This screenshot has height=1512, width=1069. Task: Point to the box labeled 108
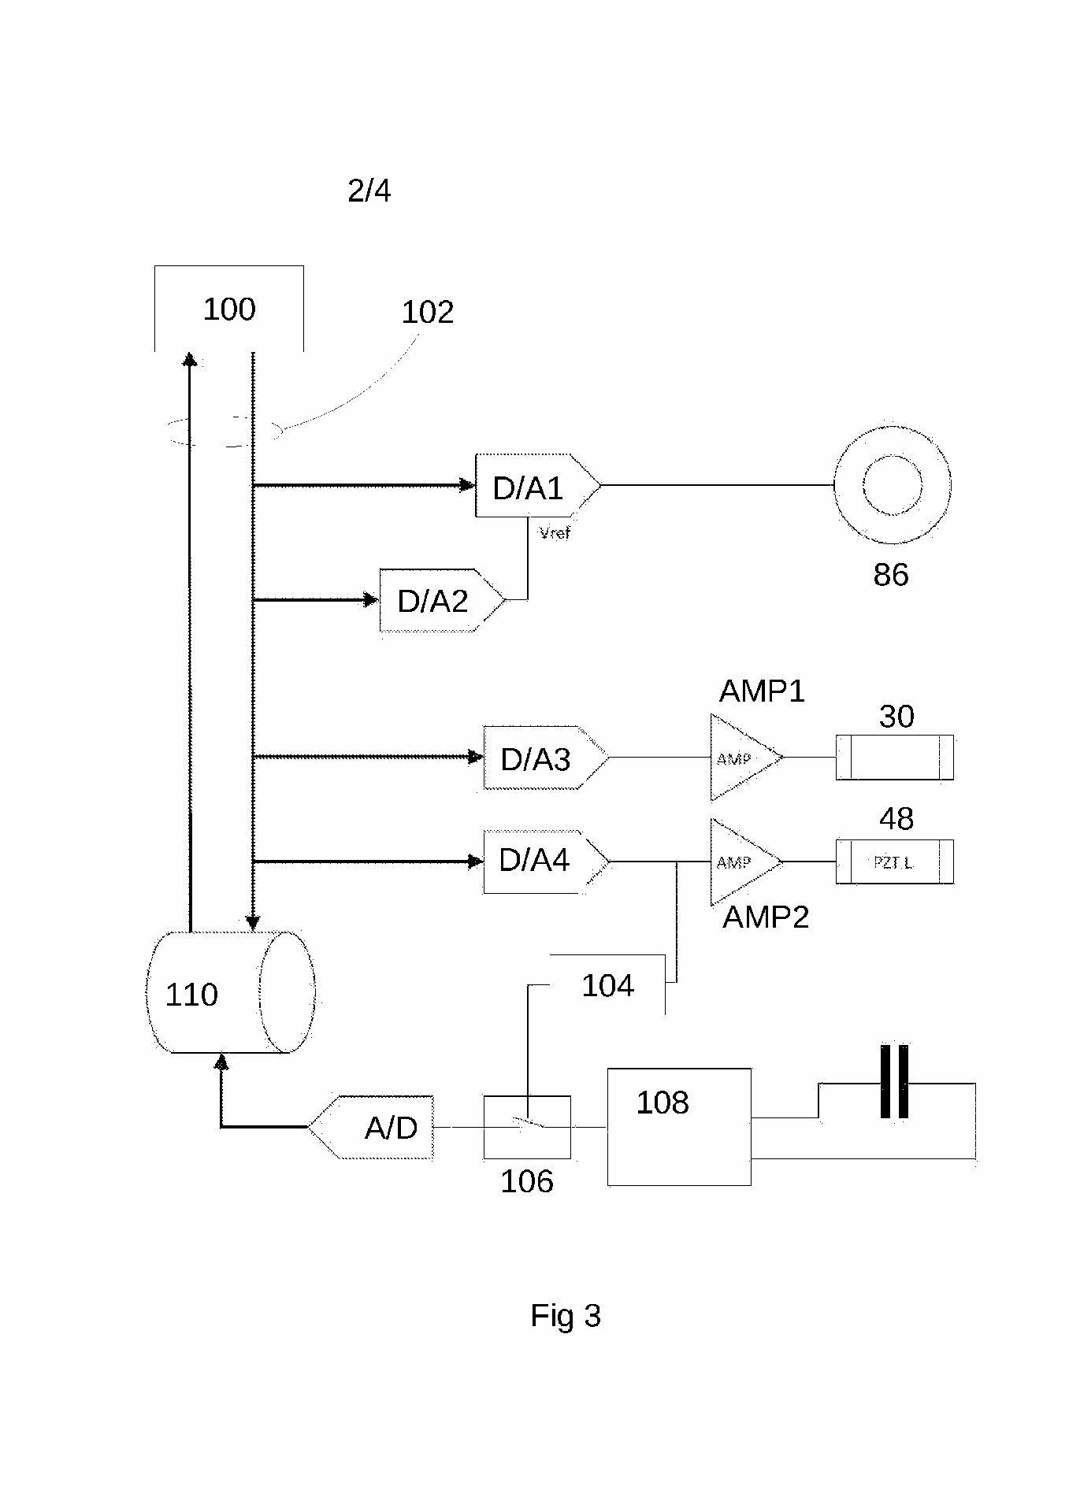tap(678, 1127)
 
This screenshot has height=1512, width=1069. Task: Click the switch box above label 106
tap(527, 1127)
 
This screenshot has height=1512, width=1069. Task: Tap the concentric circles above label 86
tap(893, 485)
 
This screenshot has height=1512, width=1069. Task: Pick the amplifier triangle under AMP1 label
tap(741, 758)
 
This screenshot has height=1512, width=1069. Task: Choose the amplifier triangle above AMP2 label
tap(741, 862)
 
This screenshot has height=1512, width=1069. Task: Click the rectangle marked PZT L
tap(894, 862)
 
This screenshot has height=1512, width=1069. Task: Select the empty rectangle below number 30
tap(894, 758)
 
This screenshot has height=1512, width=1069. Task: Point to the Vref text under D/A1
tap(555, 533)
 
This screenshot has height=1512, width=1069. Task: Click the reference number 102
tap(428, 313)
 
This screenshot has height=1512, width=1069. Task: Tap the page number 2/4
tap(369, 191)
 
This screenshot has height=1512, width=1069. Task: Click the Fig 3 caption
tap(566, 1316)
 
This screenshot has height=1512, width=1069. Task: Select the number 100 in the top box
tap(229, 309)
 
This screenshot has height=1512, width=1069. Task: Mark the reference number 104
tap(607, 986)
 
